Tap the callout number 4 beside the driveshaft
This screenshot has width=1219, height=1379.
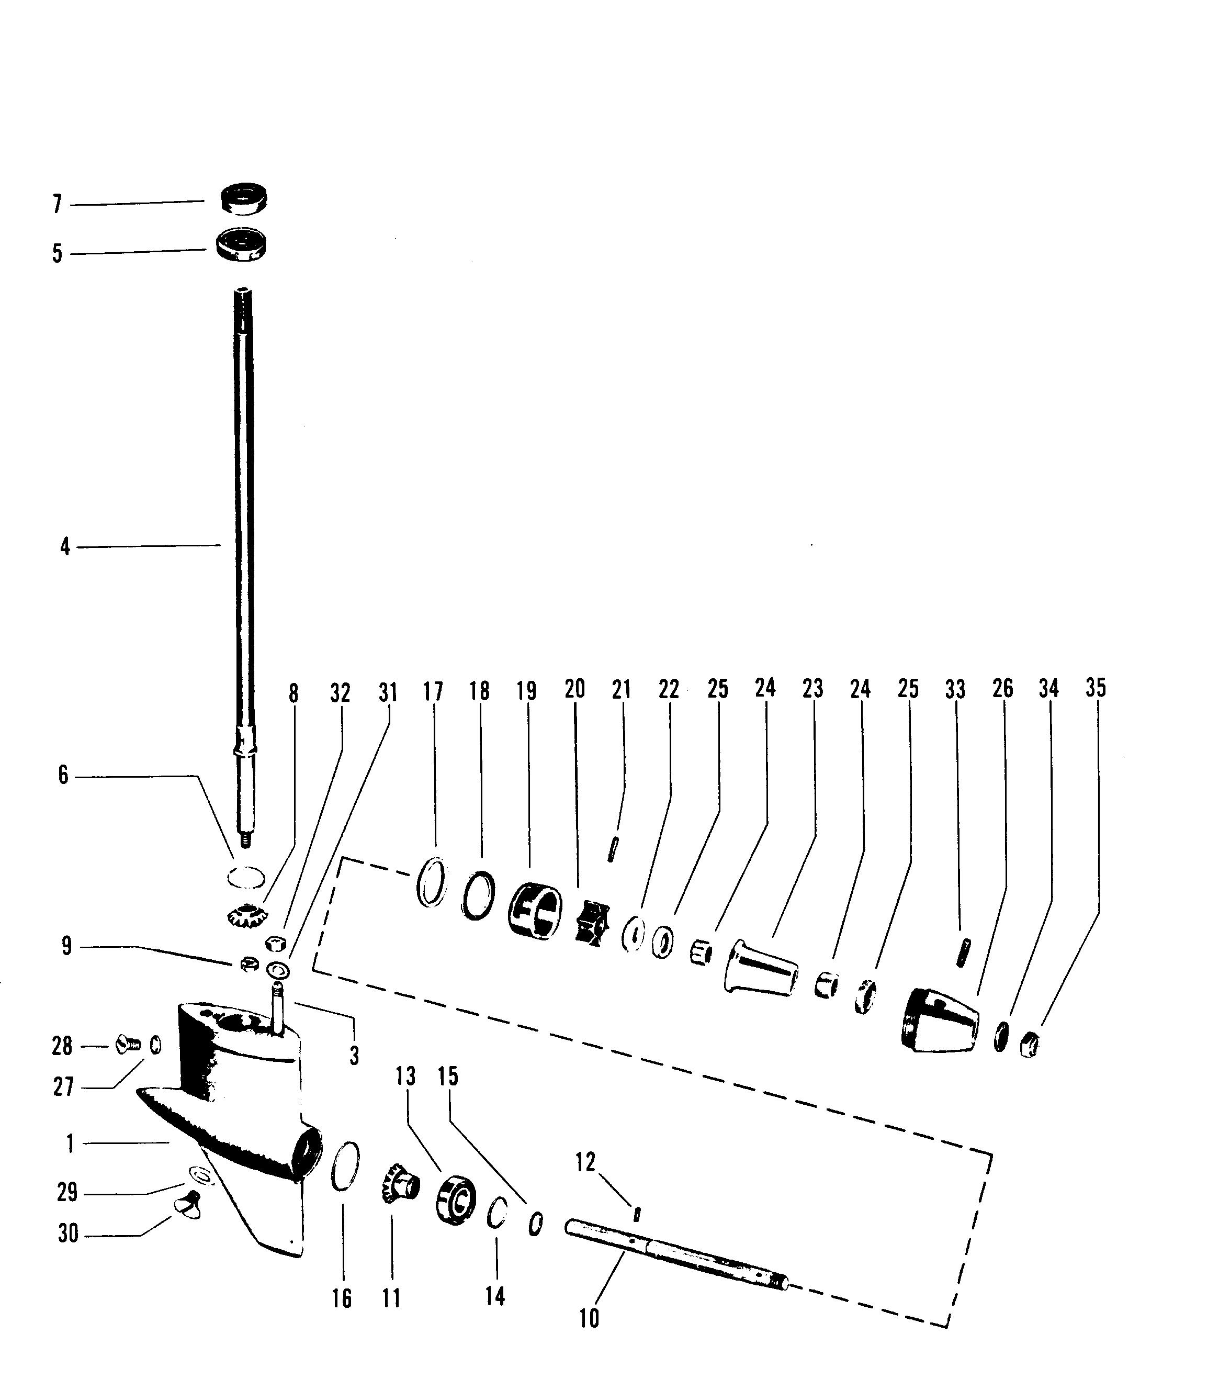pos(65,546)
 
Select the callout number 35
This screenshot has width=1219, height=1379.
pos(1096,688)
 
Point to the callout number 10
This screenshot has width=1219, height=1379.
pos(589,1318)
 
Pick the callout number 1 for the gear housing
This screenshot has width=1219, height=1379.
pos(70,1143)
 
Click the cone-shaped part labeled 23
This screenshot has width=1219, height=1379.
pos(760,968)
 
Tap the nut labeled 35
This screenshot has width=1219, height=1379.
pos(1028,1045)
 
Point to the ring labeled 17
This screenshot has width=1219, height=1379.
pos(432,881)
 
